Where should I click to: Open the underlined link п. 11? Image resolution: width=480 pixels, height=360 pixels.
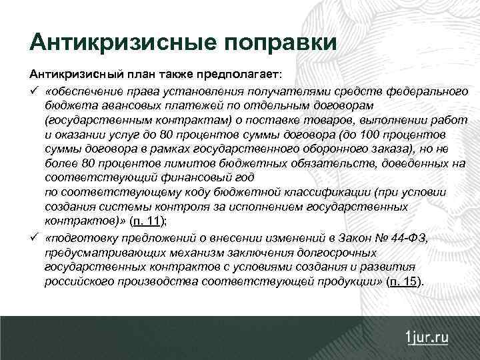[x=145, y=221]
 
